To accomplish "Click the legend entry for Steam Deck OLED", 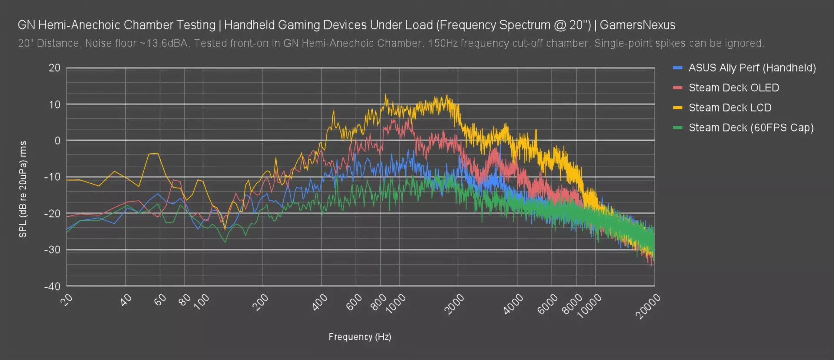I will pyautogui.click(x=733, y=88).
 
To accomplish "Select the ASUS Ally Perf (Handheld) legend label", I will pyautogui.click(x=752, y=68).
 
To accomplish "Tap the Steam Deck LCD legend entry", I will pyautogui.click(x=730, y=108).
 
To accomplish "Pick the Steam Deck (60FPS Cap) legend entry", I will pyautogui.click(x=751, y=128).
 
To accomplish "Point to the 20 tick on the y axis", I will pyautogui.click(x=54, y=68).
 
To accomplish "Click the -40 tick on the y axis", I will pyautogui.click(x=52, y=286).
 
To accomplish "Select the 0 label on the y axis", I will pyautogui.click(x=57, y=141).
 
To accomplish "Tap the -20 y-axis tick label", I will pyautogui.click(x=52, y=213).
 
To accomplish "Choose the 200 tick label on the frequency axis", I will pyautogui.click(x=261, y=302).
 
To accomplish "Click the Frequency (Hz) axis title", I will pyautogui.click(x=360, y=337).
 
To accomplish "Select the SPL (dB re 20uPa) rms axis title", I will pyautogui.click(x=23, y=189).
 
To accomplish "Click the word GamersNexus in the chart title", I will pyautogui.click(x=637, y=25).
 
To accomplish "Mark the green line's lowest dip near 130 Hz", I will pyautogui.click(x=225, y=242).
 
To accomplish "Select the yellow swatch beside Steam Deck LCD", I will pyautogui.click(x=678, y=108).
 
